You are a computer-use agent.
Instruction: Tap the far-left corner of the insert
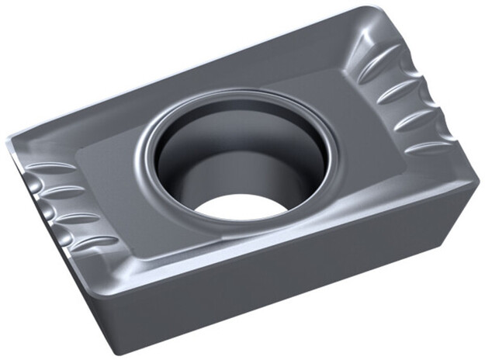pos(9,144)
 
